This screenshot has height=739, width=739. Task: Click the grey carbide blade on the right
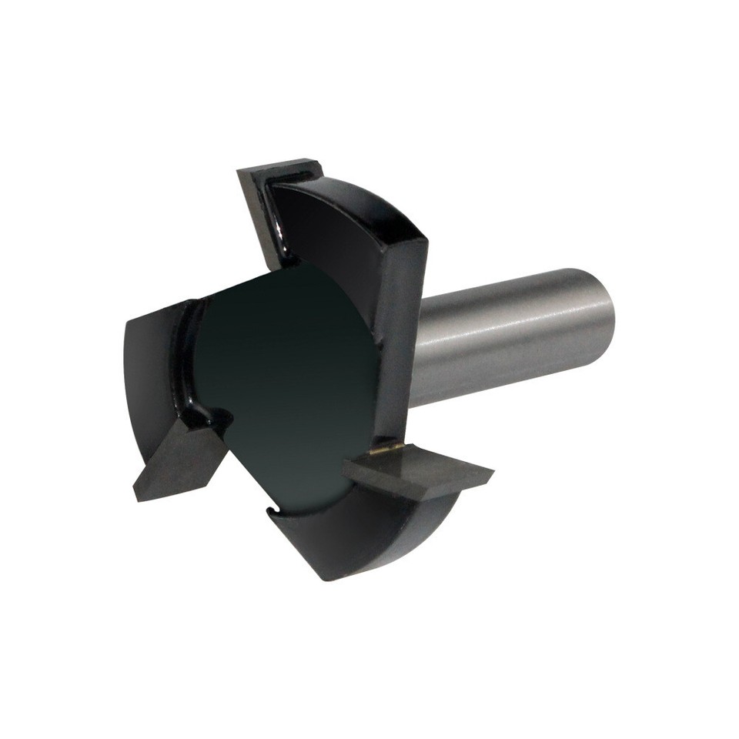coord(420,473)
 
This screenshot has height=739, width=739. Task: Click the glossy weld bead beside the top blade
coord(277,231)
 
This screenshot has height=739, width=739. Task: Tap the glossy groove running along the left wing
coord(189,362)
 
